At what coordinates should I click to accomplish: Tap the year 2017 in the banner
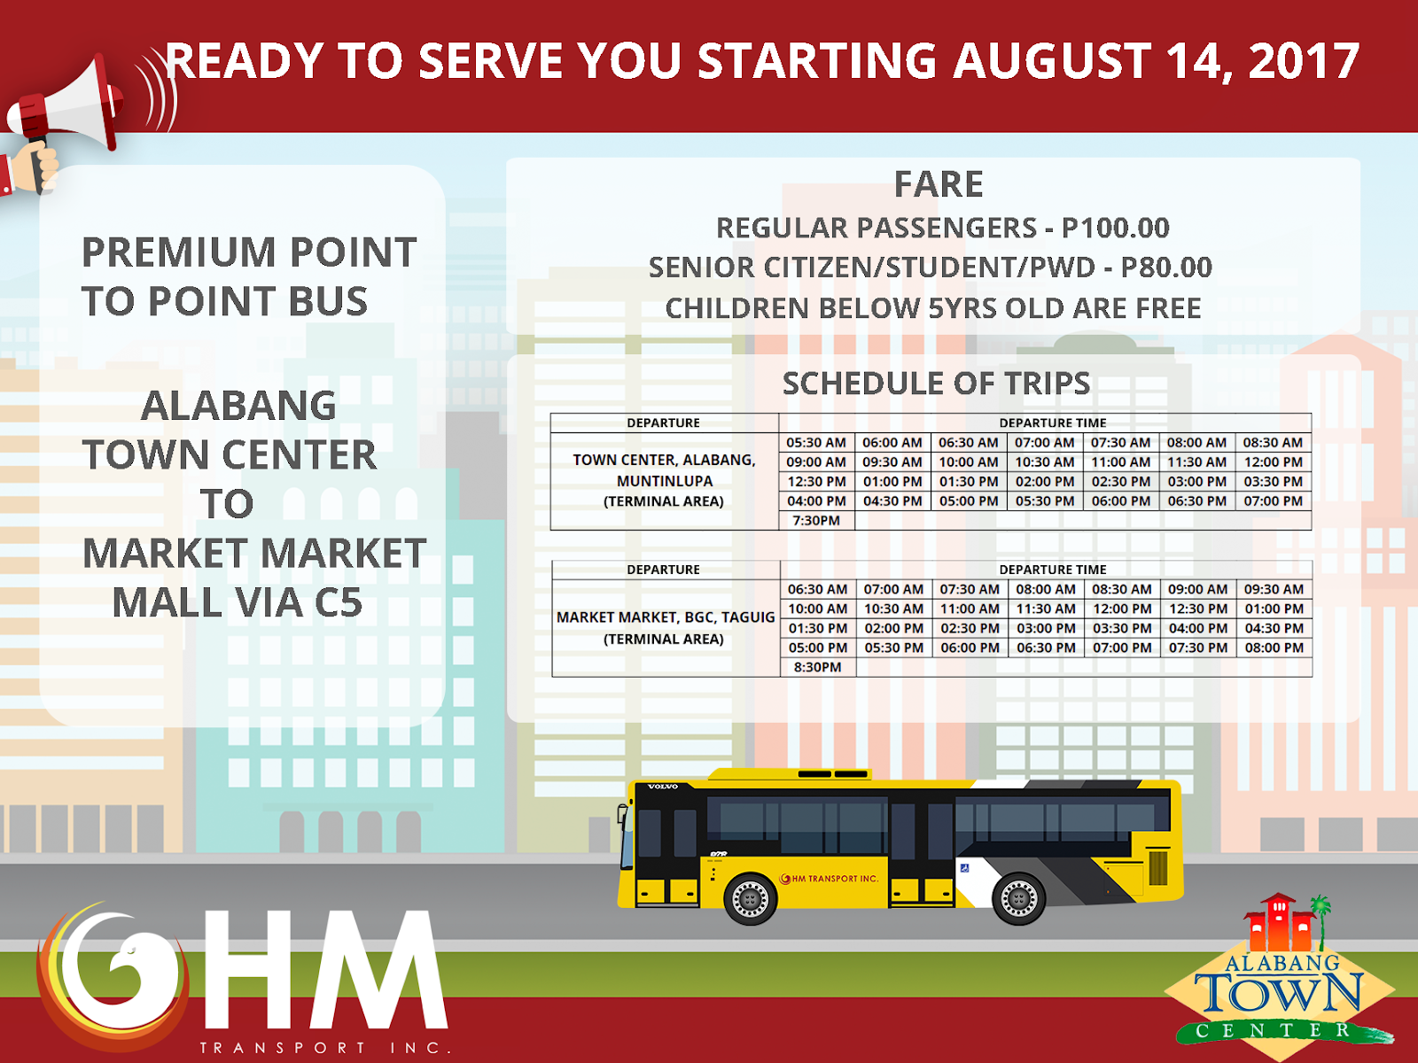[x=1304, y=61]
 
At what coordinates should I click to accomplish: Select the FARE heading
[x=939, y=184]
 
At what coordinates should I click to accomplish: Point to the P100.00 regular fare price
[x=1116, y=228]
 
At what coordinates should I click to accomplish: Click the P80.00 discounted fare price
[x=1166, y=268]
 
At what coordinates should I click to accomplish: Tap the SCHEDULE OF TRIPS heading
[x=936, y=384]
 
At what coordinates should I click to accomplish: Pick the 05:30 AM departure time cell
[x=816, y=442]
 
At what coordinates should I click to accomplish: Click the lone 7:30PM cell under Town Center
[x=816, y=521]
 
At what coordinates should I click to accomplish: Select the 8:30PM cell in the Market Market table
[x=817, y=667]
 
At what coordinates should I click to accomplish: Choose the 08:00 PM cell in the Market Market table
[x=1274, y=648]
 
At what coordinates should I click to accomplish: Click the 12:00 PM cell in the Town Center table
[x=1273, y=462]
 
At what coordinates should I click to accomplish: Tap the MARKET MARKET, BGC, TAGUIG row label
[x=665, y=617]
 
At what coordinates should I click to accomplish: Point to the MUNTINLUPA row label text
[x=665, y=481]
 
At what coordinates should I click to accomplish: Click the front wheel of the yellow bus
[x=750, y=898]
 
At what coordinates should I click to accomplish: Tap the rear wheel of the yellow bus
[x=1018, y=898]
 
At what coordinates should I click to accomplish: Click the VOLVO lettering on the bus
[x=662, y=787]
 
